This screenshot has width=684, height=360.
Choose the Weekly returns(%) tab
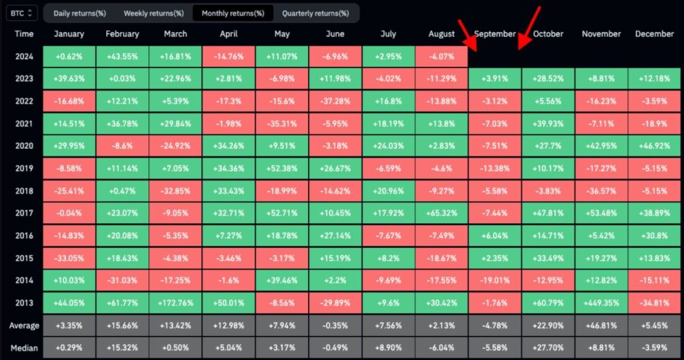pyautogui.click(x=154, y=13)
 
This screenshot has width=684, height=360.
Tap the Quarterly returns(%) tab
pyautogui.click(x=315, y=13)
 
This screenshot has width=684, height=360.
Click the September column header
pyautogui.click(x=494, y=34)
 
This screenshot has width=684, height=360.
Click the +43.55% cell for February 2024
pyautogui.click(x=122, y=57)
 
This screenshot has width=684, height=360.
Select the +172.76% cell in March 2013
pyautogui.click(x=175, y=302)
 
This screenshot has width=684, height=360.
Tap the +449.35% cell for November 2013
pyautogui.click(x=601, y=302)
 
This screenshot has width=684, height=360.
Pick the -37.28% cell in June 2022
pyautogui.click(x=335, y=101)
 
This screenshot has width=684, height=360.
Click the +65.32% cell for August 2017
pyautogui.click(x=441, y=212)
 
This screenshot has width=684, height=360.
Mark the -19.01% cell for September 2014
pyautogui.click(x=494, y=279)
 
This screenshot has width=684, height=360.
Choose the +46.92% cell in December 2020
pyautogui.click(x=654, y=146)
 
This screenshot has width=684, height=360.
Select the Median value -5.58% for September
pyautogui.click(x=494, y=348)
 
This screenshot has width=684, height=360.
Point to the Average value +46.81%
pyautogui.click(x=601, y=325)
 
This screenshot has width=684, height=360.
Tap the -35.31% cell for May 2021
pyautogui.click(x=281, y=124)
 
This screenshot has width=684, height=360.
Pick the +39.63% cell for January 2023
pyautogui.click(x=69, y=79)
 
